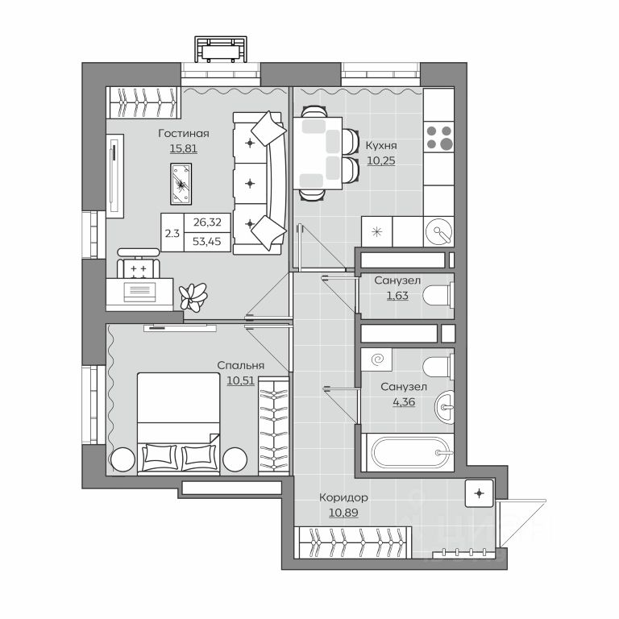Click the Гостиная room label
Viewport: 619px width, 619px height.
[x=184, y=134]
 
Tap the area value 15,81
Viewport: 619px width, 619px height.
[x=184, y=149]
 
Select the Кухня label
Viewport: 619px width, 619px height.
[x=381, y=146]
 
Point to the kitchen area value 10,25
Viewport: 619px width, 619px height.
[x=381, y=160]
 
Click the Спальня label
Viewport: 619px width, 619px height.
[x=240, y=366]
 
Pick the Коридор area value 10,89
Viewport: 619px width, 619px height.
[x=343, y=513]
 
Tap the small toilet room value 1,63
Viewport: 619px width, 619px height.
[x=397, y=296]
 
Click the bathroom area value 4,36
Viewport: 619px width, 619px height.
[x=404, y=402]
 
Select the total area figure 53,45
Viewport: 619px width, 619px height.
[x=207, y=242]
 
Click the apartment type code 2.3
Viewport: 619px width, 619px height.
[x=172, y=233]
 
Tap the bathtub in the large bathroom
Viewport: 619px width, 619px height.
[x=407, y=452]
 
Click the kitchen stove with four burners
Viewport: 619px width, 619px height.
[x=438, y=138]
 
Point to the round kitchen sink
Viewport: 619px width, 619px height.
[x=438, y=231]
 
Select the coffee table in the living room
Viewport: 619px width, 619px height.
[x=181, y=184]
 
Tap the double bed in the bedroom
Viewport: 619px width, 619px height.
[x=178, y=423]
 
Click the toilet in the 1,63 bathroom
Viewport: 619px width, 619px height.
[x=438, y=295]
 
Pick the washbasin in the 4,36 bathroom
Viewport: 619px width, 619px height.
[x=445, y=407]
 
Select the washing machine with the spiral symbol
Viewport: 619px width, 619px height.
[x=376, y=359]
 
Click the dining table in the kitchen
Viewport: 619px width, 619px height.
[x=318, y=153]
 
